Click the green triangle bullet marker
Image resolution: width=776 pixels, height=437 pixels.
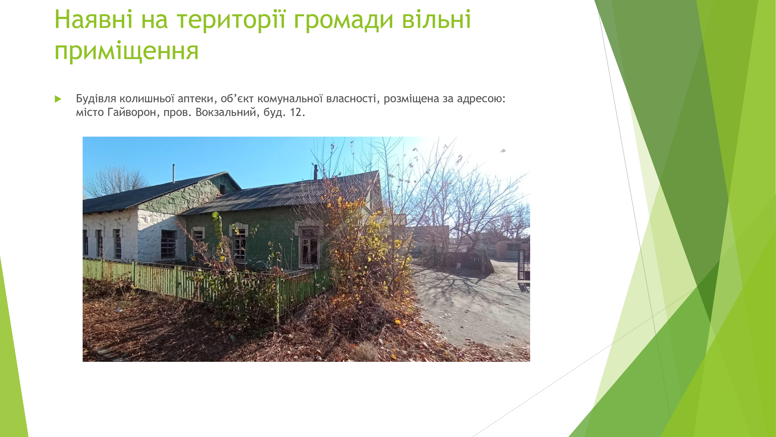point(58,99)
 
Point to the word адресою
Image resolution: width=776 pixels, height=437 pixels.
point(481,99)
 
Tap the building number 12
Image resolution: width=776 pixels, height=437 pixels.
point(296,112)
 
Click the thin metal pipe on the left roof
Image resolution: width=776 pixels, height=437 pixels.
point(173,174)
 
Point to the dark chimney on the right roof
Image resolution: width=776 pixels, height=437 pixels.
point(316,172)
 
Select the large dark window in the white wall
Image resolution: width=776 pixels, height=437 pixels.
point(168,244)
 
